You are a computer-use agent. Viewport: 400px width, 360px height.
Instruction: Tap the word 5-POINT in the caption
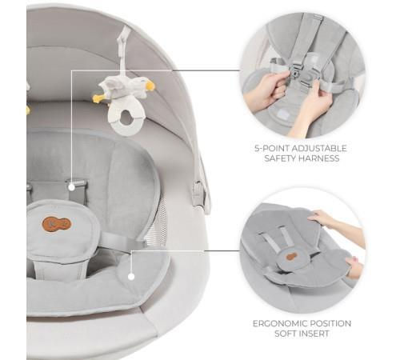coord(271,148)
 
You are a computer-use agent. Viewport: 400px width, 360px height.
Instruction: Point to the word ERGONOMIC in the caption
coord(279,323)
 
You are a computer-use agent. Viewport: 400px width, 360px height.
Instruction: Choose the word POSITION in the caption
coord(330,323)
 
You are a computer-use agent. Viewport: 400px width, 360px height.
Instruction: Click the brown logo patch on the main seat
coord(56,224)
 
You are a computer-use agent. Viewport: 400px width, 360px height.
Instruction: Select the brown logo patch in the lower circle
coord(292,257)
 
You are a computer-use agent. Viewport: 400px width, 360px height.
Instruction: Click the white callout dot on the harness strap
coord(71,187)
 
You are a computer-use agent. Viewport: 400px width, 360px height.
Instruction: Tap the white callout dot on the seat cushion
coord(131,277)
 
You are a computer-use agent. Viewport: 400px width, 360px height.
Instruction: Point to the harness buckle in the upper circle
coord(294,71)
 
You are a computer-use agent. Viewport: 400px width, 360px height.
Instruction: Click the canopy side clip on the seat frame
coord(198,194)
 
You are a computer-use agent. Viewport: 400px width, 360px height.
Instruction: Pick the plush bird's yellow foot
coord(98,98)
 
